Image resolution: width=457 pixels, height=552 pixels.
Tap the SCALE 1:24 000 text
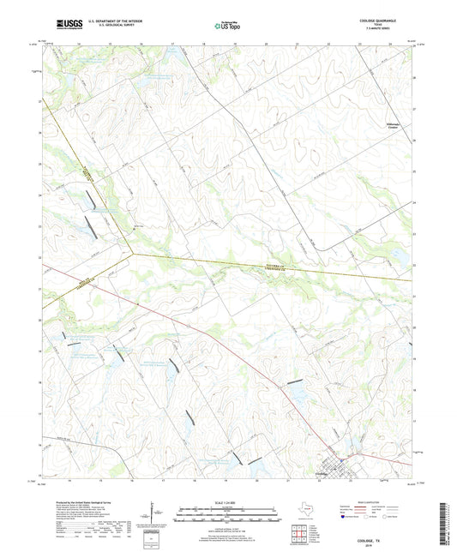point(227,502)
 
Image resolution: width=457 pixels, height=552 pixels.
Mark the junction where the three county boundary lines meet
point(132,253)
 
